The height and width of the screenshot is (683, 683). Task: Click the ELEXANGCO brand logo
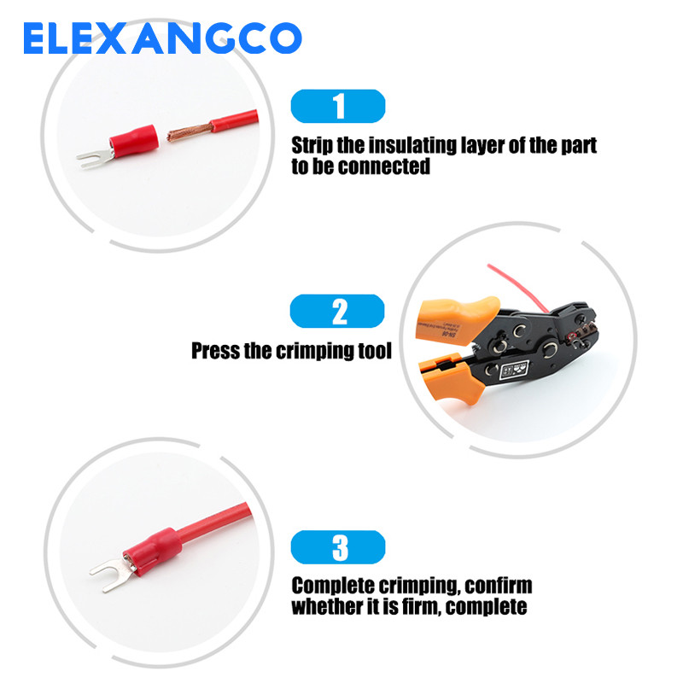tap(162, 38)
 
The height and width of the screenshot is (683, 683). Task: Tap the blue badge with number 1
tap(339, 107)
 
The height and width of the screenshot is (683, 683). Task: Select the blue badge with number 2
tap(339, 311)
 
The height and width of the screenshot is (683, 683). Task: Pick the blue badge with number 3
tap(339, 547)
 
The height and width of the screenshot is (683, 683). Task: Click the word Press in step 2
tap(214, 350)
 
